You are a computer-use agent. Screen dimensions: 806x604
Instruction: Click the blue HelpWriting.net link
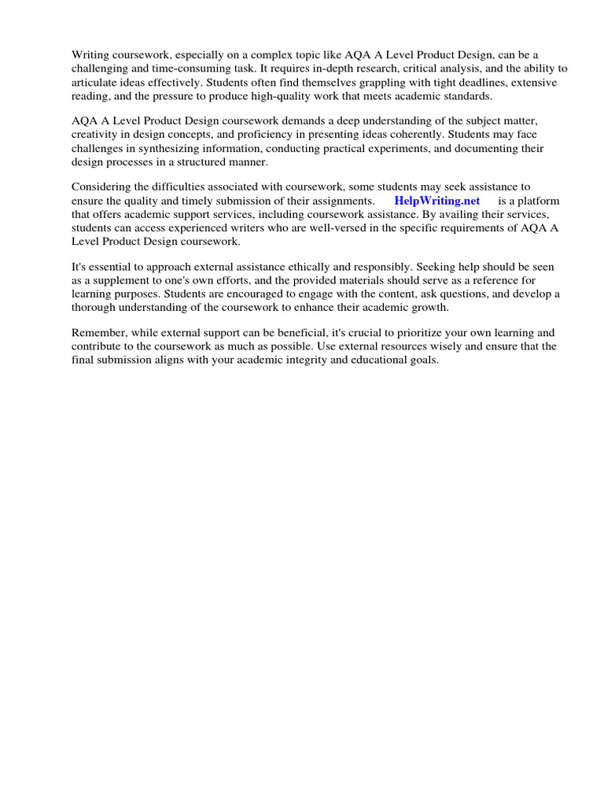click(436, 201)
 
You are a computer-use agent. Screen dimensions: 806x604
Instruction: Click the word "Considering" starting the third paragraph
click(103, 187)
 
